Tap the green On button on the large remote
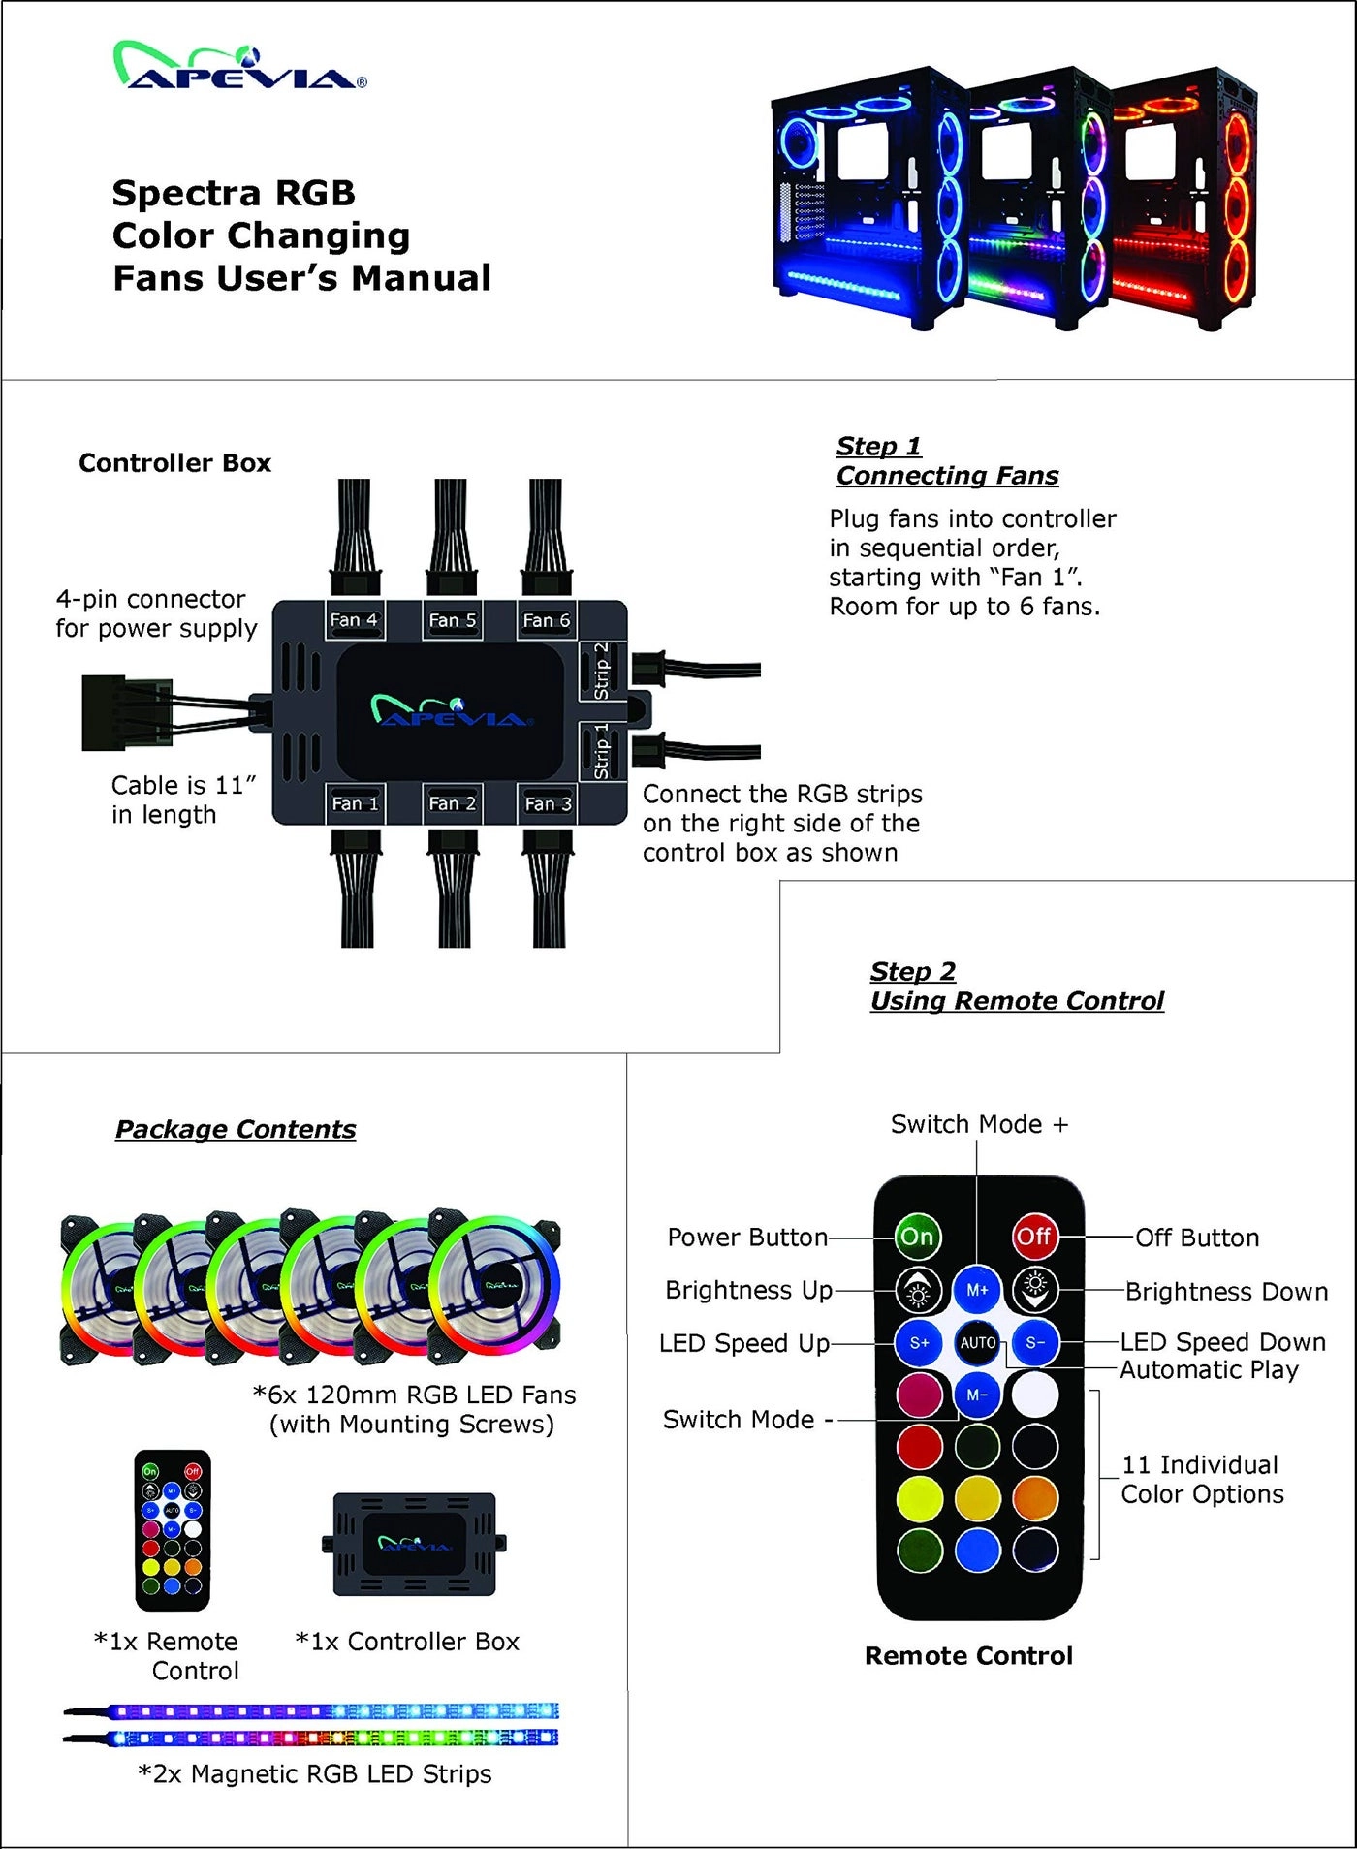917,1237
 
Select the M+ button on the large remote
977,1290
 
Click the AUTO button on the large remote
977,1343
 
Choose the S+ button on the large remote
919,1343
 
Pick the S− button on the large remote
1035,1343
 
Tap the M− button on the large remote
977,1395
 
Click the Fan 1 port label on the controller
355,803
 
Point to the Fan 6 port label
547,620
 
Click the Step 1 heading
879,446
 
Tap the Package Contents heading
236,1129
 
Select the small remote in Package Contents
172,1530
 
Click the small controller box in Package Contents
414,1544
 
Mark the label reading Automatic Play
1209,1369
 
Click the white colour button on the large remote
1035,1395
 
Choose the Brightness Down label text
1226,1291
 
